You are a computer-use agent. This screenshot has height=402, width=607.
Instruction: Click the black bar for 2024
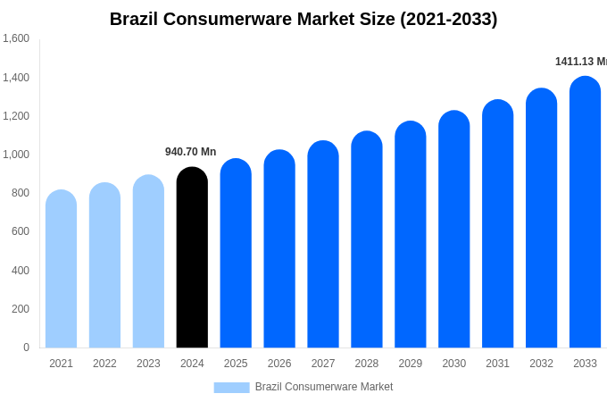[x=192, y=259]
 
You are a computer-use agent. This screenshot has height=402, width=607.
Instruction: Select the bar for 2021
[x=61, y=270]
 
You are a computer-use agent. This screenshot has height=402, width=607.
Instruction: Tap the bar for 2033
[x=585, y=214]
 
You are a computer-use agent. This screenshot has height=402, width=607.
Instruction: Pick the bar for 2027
[x=323, y=246]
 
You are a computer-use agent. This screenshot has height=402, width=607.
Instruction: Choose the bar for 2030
[x=453, y=230]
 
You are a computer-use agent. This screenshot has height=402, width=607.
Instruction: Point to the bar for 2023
[x=148, y=263]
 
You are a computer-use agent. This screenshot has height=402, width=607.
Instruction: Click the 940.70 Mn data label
[x=190, y=152]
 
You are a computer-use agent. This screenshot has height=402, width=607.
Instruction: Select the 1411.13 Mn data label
[x=580, y=62]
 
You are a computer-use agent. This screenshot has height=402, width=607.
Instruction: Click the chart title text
[x=303, y=19]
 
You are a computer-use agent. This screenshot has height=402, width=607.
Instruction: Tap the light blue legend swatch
[x=231, y=387]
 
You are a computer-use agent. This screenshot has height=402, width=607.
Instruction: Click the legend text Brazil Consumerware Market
[x=324, y=387]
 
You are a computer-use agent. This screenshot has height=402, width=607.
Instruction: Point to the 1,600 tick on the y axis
[x=16, y=38]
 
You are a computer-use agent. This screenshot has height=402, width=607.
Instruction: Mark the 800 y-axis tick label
[x=20, y=193]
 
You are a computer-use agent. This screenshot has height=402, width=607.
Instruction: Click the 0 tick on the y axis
[x=26, y=348]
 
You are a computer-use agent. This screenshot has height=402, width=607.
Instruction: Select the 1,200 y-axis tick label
[x=16, y=116]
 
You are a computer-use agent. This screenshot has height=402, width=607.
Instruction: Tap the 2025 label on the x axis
[x=236, y=364]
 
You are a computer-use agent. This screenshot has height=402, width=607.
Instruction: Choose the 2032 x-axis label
[x=541, y=364]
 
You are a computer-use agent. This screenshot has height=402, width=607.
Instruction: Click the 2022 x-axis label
[x=104, y=364]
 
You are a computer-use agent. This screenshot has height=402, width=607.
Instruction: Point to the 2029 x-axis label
[x=411, y=364]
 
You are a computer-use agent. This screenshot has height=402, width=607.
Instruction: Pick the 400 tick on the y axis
[x=20, y=271]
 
